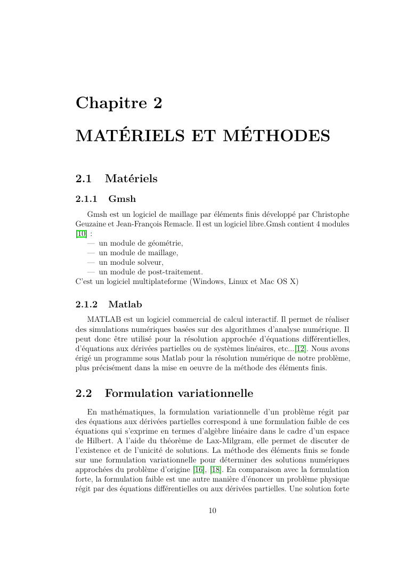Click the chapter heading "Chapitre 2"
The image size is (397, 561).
[119, 103]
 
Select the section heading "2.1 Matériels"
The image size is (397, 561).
[117, 178]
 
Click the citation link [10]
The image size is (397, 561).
[81, 234]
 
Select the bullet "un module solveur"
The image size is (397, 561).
[131, 263]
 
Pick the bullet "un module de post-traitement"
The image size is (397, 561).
[150, 272]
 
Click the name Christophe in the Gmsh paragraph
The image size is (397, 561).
[330, 215]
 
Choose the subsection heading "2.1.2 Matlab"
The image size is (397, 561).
[109, 305]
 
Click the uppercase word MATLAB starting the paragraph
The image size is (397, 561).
[103, 320]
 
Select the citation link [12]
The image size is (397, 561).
[301, 348]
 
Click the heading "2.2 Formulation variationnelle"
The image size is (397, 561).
[164, 394]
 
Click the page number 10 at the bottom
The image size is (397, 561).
[212, 511]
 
